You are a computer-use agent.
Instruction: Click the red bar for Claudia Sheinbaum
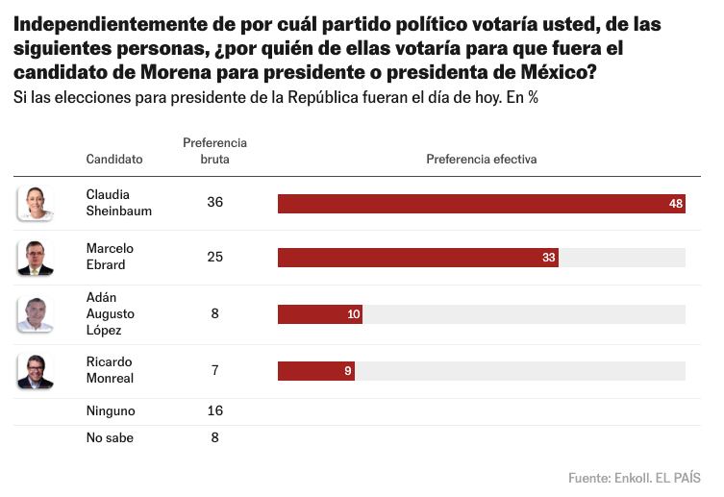[481, 204]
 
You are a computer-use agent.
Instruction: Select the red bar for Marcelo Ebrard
[417, 258]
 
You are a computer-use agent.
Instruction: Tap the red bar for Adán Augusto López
[319, 314]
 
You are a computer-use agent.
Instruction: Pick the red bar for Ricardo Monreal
[315, 371]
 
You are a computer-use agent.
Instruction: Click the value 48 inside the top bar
[675, 204]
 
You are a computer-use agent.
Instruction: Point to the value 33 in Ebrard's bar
[548, 258]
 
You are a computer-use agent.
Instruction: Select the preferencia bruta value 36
[214, 203]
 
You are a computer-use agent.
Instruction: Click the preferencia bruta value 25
[214, 257]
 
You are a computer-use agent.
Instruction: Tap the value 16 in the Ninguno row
[214, 410]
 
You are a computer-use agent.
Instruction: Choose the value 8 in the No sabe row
[214, 437]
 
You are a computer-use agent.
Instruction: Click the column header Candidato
[114, 159]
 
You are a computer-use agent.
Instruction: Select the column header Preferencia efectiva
[481, 159]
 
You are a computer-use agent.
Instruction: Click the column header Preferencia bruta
[214, 151]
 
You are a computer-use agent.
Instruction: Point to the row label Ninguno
[111, 410]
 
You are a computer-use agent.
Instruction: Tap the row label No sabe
[110, 437]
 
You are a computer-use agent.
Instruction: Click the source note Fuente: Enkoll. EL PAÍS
[634, 477]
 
